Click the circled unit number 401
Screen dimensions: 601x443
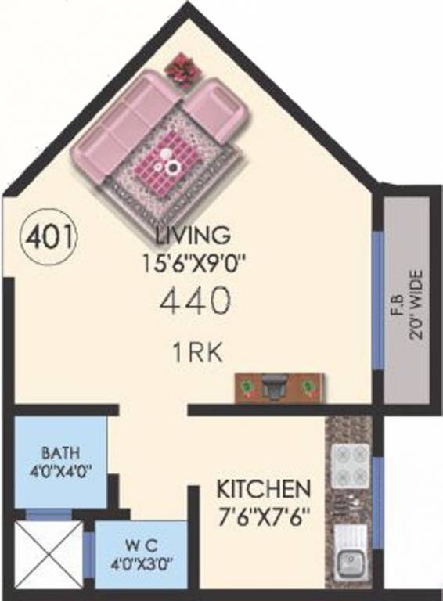[49, 235]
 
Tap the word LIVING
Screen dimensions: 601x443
[193, 234]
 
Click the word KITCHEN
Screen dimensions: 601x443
[263, 491]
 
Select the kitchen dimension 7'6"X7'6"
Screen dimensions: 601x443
[263, 516]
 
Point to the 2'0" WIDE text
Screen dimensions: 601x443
[416, 302]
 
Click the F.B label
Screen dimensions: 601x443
[394, 302]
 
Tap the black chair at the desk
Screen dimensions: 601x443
[274, 387]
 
